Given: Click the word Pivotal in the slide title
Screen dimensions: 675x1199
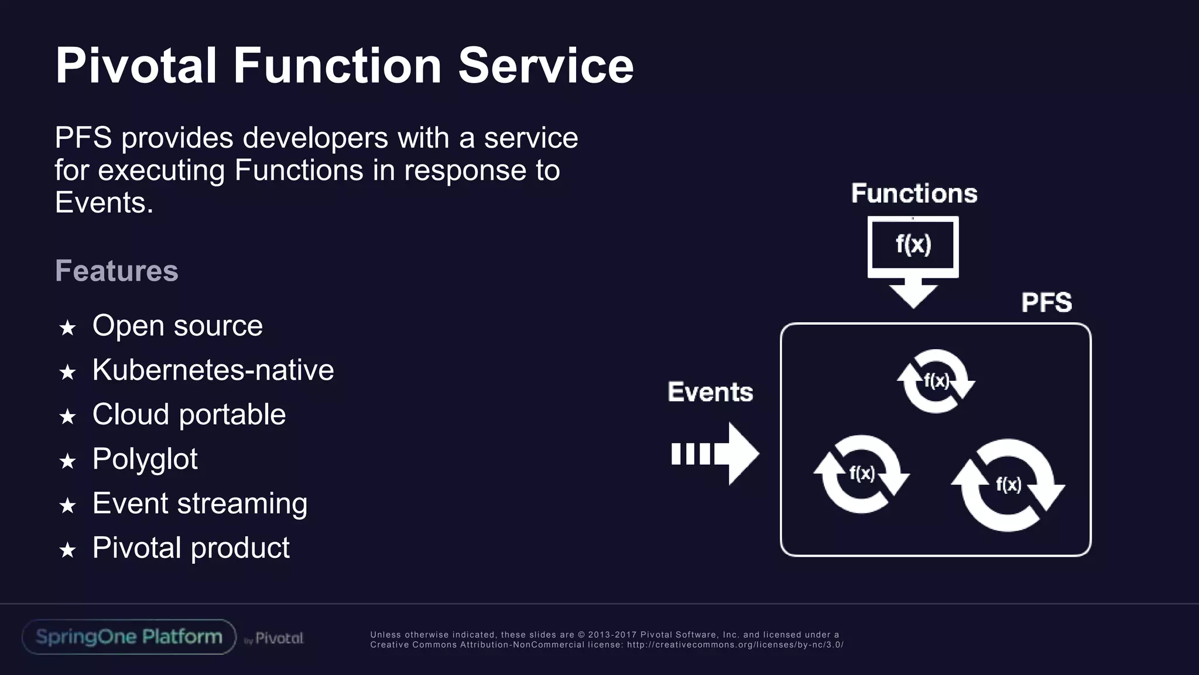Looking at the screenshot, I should coord(136,66).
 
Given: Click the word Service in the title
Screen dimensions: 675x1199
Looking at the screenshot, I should coord(546,66).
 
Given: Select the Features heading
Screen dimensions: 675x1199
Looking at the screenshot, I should coord(117,271).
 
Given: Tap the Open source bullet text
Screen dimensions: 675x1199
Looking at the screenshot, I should coord(177,326).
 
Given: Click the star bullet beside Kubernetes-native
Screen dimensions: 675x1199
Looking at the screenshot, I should coord(68,372).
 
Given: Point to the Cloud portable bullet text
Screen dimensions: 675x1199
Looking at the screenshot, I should coord(189,415).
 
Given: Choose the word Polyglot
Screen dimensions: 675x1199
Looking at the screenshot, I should coord(145,459).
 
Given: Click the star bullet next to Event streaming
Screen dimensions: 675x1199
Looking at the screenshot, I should coord(68,505).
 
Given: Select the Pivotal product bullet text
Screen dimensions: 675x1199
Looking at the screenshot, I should coord(191,548).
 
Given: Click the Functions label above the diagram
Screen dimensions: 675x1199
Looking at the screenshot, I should coord(914,193).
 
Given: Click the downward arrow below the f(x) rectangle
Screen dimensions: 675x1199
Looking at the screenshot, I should coord(913,294).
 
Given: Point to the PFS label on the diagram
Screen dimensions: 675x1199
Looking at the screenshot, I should coord(1046,303).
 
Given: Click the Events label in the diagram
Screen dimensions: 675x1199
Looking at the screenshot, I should coord(710,392).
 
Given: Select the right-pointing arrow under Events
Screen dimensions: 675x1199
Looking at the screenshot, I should coord(715,454).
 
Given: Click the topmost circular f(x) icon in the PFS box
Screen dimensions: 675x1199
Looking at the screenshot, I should coord(936,381).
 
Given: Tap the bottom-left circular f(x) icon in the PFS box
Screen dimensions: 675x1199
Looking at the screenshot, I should coord(861,474).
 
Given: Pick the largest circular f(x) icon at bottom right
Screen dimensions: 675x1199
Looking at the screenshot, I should coord(1008,485).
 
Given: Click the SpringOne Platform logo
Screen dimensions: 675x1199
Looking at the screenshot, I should coord(129,637).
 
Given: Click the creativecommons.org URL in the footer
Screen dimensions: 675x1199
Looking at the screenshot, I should coord(735,645).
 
